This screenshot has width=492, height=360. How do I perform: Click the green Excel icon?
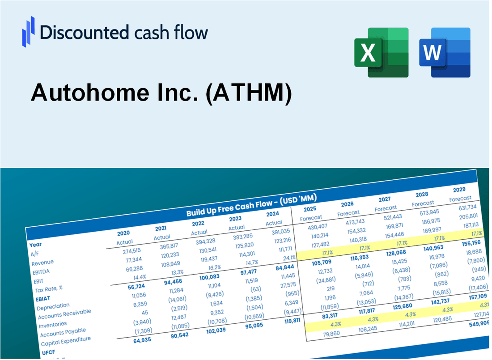pyautogui.click(x=381, y=52)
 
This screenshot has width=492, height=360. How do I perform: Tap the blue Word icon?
pyautogui.click(x=445, y=52)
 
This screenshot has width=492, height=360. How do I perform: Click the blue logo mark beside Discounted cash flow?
pyautogui.click(x=28, y=31)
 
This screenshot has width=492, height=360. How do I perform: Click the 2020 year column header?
pyautogui.click(x=123, y=233)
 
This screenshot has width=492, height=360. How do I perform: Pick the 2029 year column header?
pyautogui.click(x=458, y=190)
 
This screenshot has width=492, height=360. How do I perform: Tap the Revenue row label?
pyautogui.click(x=42, y=262)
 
